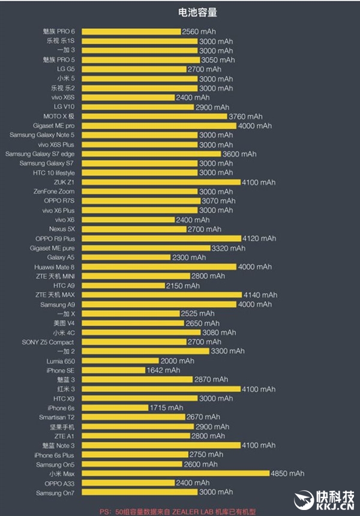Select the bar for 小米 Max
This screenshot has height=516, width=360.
click(175, 473)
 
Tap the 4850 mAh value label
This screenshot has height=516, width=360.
click(288, 473)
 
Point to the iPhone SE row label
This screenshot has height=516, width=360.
click(60, 370)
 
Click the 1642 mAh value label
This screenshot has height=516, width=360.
click(163, 370)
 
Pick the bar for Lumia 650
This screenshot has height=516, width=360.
click(120, 361)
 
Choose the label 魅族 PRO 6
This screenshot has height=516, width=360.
click(59, 31)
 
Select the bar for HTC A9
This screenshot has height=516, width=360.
click(123, 286)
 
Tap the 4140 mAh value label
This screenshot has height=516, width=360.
click(261, 295)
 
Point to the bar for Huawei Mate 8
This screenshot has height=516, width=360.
click(159, 267)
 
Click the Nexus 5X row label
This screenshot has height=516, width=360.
click(62, 229)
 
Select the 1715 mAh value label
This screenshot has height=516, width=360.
click(167, 408)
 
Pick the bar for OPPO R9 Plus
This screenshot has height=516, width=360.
click(161, 239)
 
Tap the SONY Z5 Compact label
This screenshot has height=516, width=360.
click(48, 342)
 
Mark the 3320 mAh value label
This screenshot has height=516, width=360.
click(229, 248)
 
